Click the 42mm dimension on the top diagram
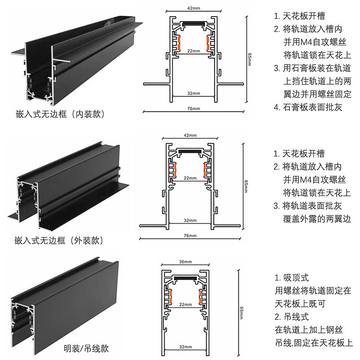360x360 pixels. point(193,8)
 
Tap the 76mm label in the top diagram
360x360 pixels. point(193,108)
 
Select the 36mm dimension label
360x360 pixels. point(185,262)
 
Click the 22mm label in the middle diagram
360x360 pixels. point(190,178)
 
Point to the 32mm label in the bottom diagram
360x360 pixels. point(185,346)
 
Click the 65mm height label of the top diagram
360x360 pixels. point(250,59)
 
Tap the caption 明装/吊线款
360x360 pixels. point(86,348)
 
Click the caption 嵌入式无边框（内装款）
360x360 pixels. point(60,114)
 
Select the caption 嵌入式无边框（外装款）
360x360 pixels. point(59,241)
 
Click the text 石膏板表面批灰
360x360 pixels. point(312,107)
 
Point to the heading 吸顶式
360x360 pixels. point(296,278)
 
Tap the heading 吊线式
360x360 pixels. point(296,317)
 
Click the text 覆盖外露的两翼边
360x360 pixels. point(317,219)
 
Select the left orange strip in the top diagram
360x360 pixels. point(179,43)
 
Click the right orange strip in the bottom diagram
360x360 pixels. point(200,297)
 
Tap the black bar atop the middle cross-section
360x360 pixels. point(190,152)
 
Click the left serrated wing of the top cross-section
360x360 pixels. point(157,84)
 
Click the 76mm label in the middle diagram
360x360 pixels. point(190,235)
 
